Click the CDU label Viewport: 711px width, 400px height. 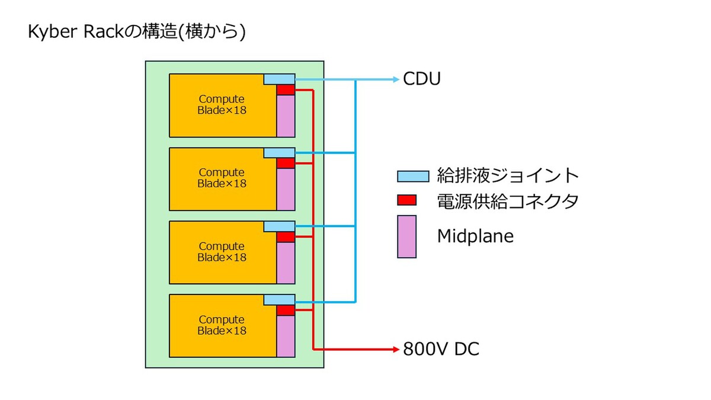(x=421, y=79)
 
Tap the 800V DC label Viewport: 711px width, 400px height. (x=441, y=349)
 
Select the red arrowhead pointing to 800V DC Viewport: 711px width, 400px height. (x=396, y=349)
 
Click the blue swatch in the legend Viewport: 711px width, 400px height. (x=413, y=175)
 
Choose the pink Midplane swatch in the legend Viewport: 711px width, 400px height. (x=406, y=236)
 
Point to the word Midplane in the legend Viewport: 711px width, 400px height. (x=475, y=236)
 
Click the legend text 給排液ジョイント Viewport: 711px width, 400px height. (x=508, y=175)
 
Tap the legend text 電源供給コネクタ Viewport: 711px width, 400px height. (x=508, y=201)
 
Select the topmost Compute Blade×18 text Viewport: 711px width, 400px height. (x=222, y=104)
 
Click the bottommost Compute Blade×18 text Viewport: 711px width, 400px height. (x=222, y=325)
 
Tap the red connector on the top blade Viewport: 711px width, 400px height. (x=286, y=89)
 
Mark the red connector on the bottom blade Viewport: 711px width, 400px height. (x=286, y=310)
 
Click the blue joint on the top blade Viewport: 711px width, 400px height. (x=279, y=79)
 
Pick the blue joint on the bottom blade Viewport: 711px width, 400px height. (x=279, y=300)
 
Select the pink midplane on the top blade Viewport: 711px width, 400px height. (x=286, y=116)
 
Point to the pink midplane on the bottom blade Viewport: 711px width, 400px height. (x=286, y=336)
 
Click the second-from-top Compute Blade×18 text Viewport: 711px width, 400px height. (x=222, y=178)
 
